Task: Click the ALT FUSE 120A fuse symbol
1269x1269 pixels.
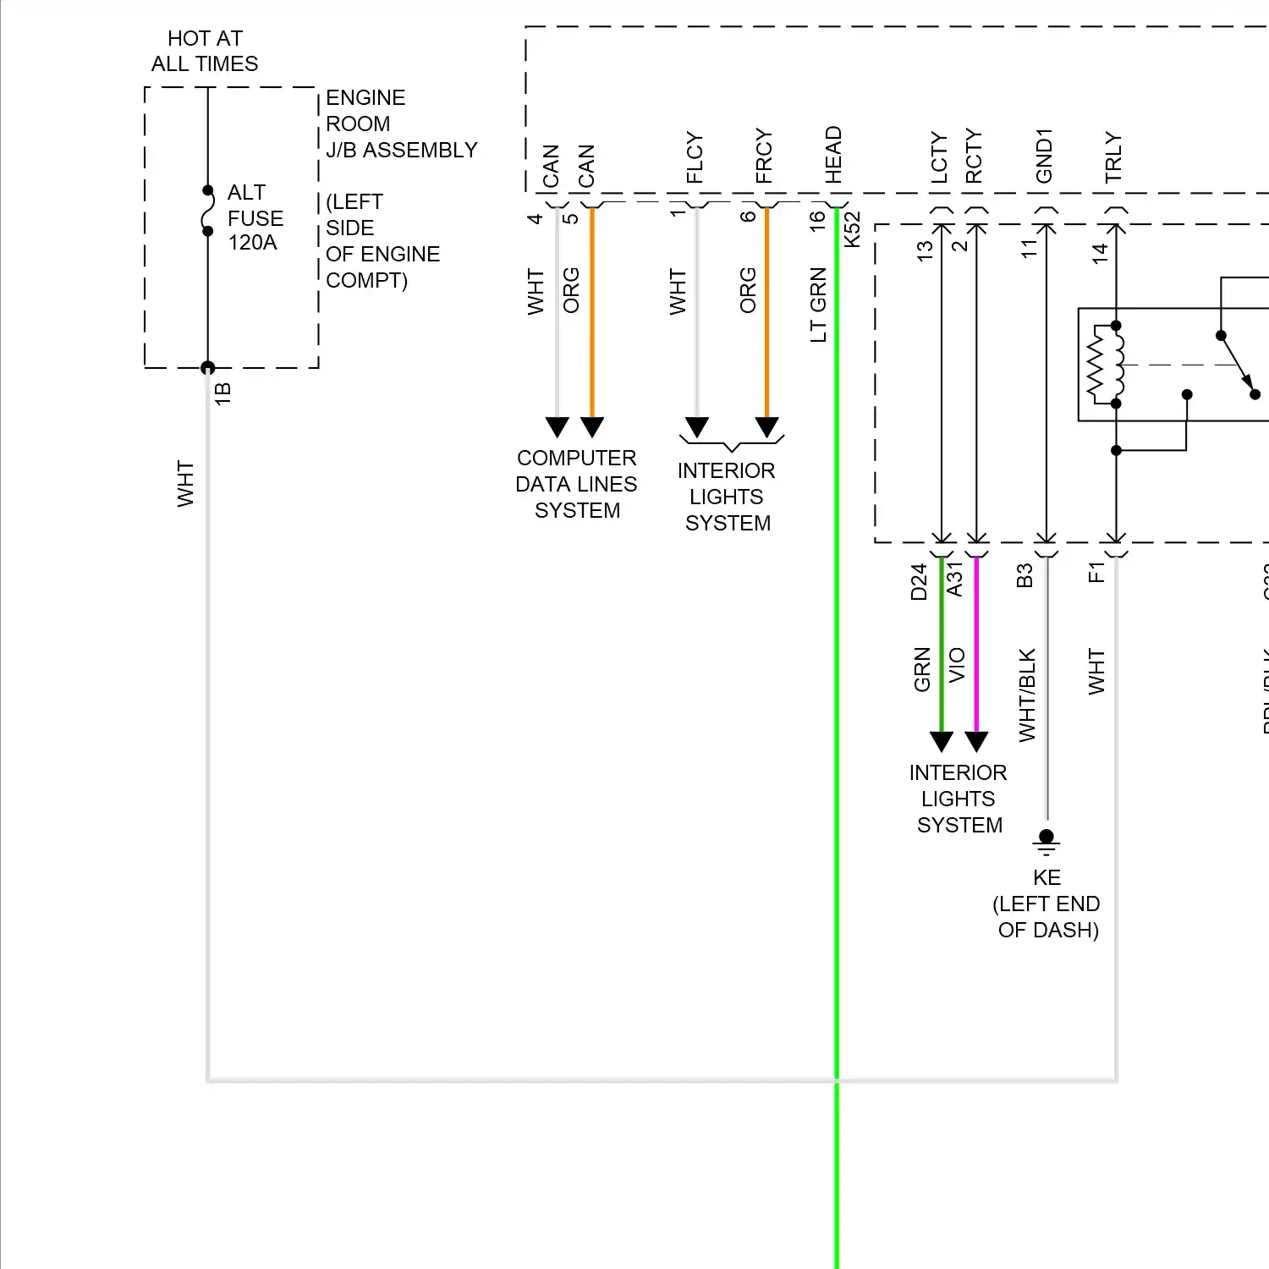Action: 207,211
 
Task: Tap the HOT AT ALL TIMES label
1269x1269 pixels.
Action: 205,51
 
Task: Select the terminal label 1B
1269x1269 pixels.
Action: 222,393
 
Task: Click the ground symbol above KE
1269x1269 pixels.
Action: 1047,840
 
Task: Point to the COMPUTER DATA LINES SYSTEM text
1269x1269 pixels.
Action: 576,484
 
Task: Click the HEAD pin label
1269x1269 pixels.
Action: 833,155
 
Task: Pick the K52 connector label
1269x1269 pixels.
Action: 852,228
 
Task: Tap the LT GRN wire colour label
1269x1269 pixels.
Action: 818,305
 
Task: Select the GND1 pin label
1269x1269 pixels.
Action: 1044,157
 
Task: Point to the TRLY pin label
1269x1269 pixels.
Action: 1113,157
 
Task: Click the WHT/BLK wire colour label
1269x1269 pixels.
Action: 1027,695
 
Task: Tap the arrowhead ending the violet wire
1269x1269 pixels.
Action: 976,742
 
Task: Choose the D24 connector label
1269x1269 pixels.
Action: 920,582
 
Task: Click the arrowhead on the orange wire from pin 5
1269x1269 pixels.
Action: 592,426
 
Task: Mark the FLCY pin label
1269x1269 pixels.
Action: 695,157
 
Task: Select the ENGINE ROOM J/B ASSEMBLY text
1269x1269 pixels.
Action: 401,124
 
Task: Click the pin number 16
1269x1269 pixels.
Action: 816,221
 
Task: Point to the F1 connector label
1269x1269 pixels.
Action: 1096,573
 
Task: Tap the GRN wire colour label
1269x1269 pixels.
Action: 922,670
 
